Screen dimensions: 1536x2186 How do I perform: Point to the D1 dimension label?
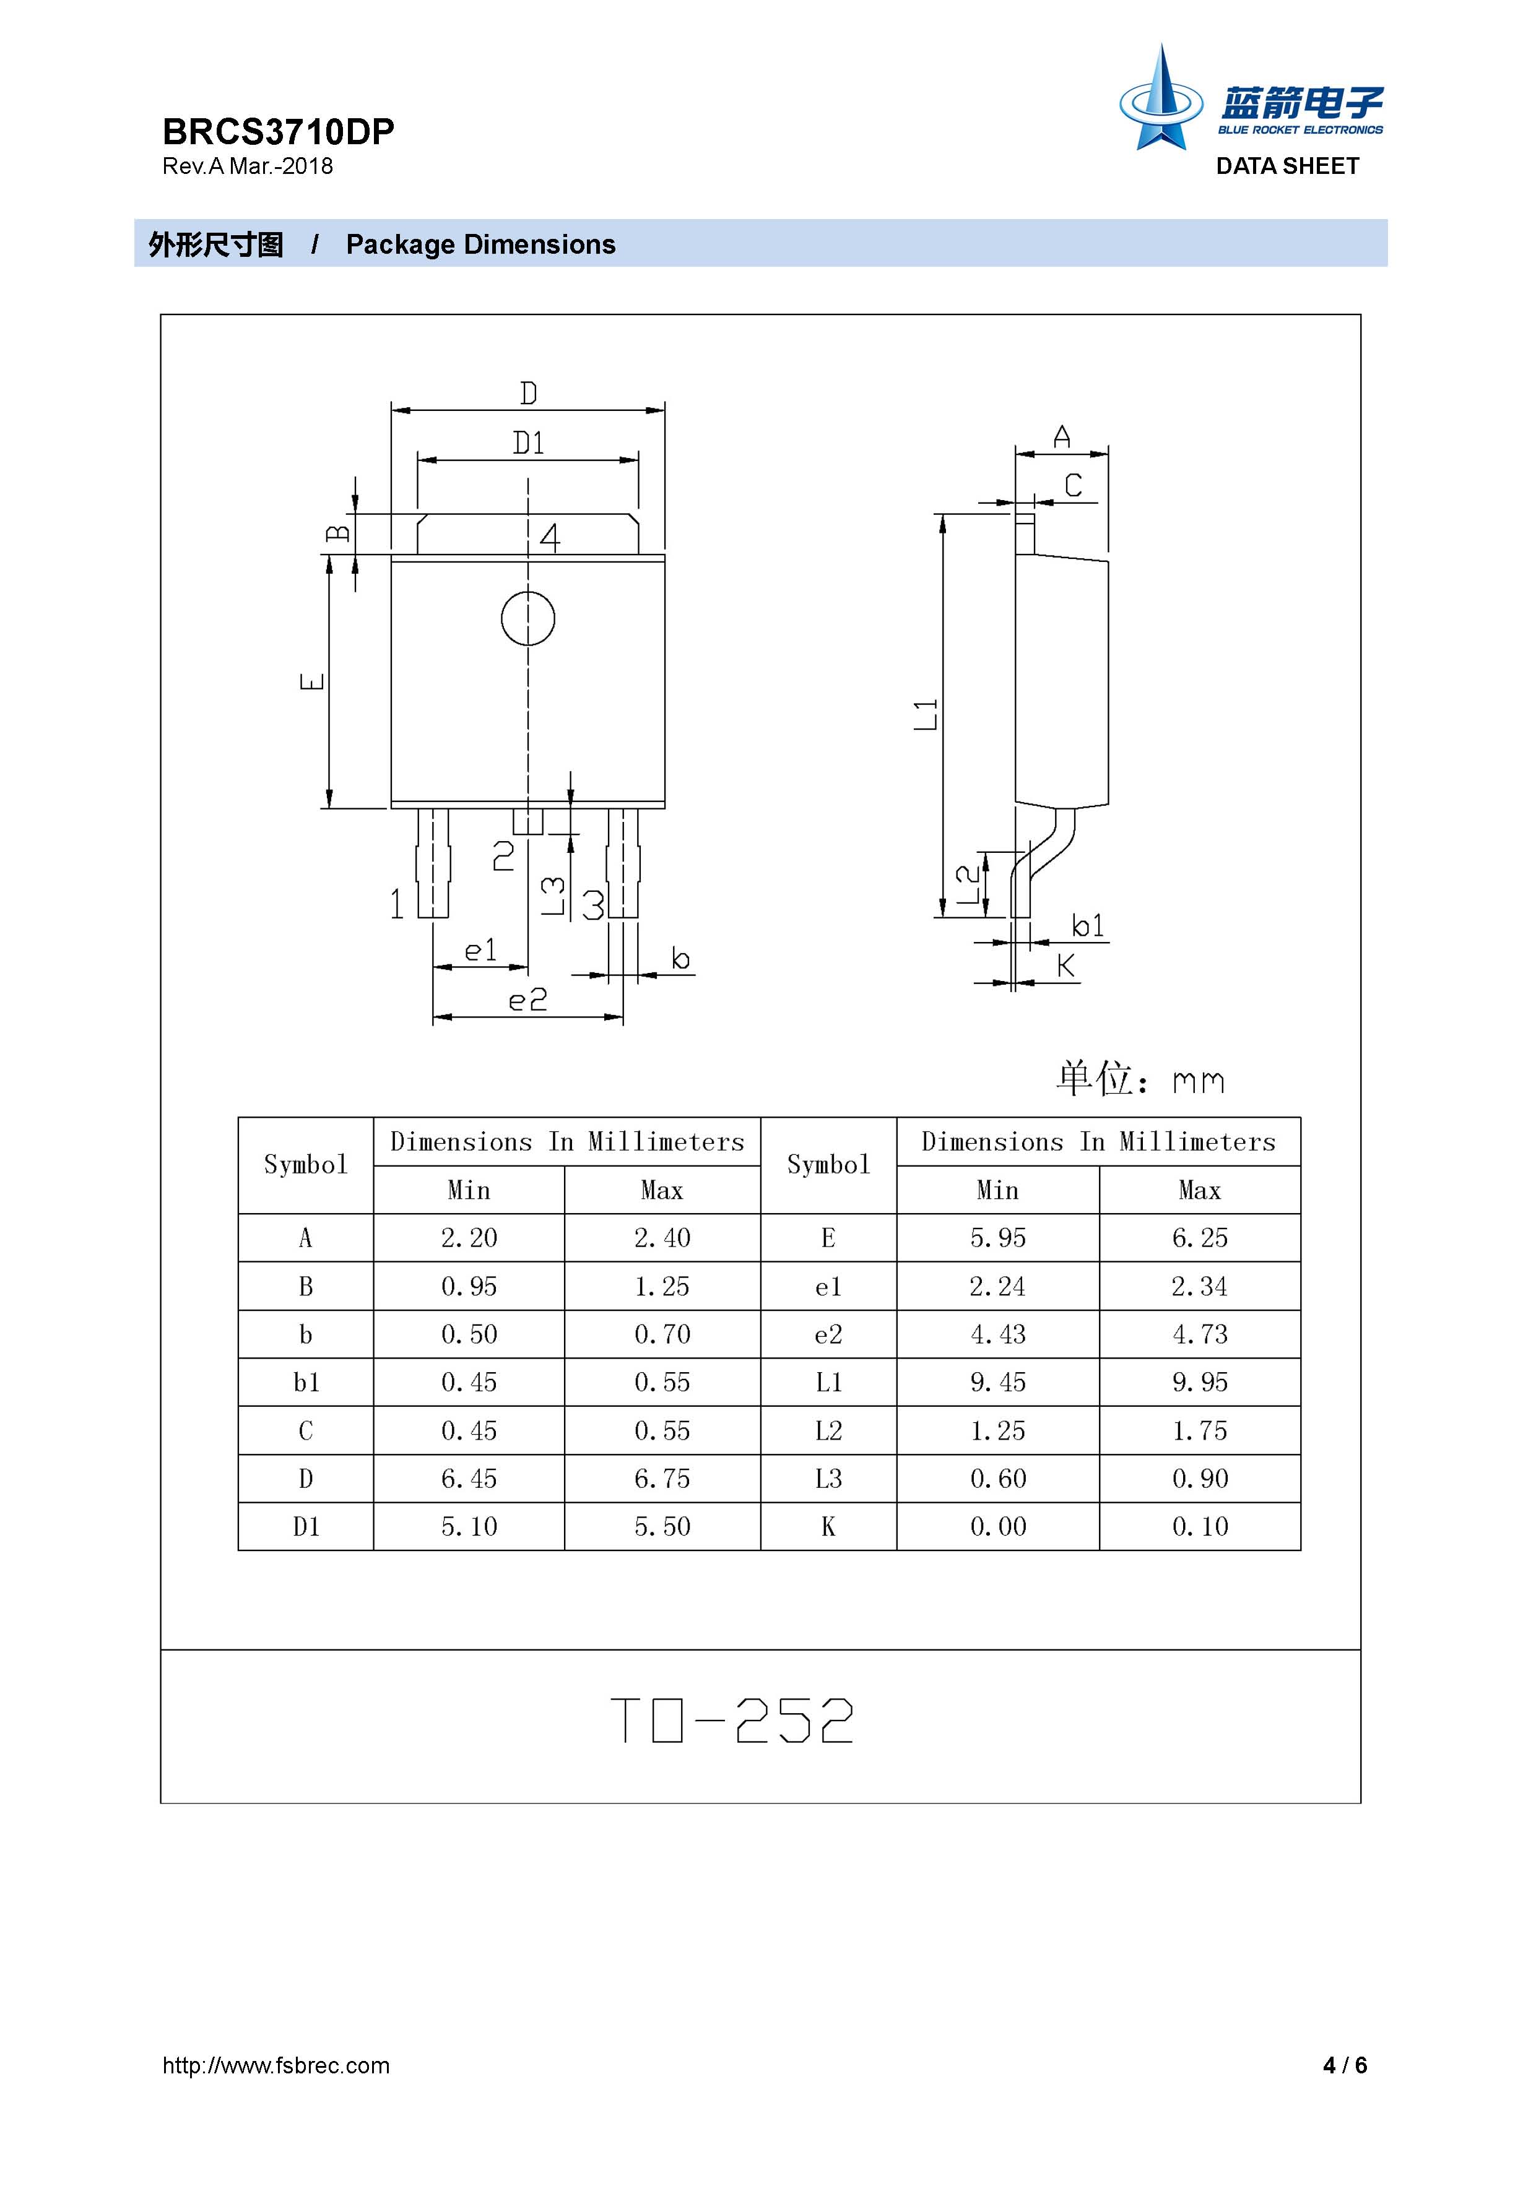click(529, 443)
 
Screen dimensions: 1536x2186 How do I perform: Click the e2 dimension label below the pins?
click(527, 1000)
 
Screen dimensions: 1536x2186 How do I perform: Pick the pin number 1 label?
click(397, 904)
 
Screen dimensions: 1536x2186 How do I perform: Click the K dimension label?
click(1065, 966)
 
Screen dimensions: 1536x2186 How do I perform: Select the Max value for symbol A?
click(662, 1238)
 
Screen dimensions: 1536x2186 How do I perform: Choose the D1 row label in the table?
click(306, 1526)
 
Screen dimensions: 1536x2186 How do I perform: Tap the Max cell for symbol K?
click(1200, 1526)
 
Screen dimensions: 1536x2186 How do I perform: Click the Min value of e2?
click(997, 1334)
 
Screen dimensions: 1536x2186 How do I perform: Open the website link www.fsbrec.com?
click(276, 2065)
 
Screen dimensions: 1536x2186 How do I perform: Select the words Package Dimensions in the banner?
click(481, 244)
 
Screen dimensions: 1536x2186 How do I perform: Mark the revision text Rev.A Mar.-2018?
click(248, 166)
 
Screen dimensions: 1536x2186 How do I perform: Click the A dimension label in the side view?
click(1062, 437)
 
